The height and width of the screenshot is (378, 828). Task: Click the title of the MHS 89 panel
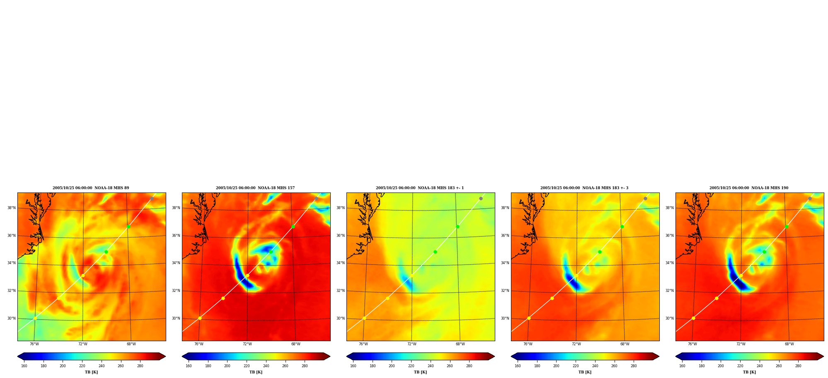[x=91, y=188]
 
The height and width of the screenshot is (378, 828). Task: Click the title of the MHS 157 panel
[x=255, y=188]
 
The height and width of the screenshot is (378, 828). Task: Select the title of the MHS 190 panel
[x=749, y=188]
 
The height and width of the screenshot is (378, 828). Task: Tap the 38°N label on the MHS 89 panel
[x=11, y=208]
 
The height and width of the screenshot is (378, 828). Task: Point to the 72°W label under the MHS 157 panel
[x=247, y=344]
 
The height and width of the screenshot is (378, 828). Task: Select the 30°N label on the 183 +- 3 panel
[x=505, y=318]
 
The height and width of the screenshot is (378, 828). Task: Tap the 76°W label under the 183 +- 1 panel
[x=363, y=344]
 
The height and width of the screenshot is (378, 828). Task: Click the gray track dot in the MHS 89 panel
[x=152, y=199]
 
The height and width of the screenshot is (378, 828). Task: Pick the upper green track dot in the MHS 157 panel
[x=293, y=226]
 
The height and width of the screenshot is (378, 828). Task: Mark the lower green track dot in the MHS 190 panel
[x=764, y=252]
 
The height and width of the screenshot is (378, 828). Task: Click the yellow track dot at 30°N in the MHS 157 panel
[x=200, y=318]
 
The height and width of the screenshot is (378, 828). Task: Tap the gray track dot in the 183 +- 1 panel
[x=481, y=199]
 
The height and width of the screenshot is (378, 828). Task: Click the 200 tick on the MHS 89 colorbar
[x=63, y=366]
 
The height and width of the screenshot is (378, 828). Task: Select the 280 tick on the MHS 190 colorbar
[x=798, y=366]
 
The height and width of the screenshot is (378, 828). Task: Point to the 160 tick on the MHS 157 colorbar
[x=189, y=366]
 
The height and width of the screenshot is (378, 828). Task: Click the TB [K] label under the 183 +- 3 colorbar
[x=585, y=372]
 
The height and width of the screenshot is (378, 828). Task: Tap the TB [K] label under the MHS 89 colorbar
[x=91, y=372]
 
